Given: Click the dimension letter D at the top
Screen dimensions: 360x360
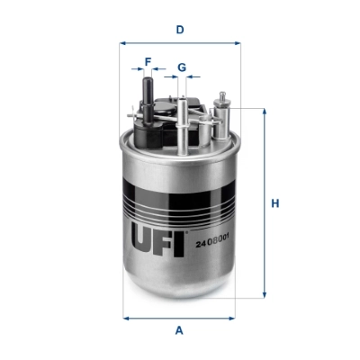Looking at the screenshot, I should coord(180,30).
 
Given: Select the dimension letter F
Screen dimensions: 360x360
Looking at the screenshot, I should coord(148,62).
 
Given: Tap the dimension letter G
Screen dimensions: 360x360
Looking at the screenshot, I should coord(181,67).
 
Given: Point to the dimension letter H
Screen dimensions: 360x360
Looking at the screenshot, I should coord(275,203).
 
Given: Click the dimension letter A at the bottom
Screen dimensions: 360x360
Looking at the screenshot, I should coord(180,330).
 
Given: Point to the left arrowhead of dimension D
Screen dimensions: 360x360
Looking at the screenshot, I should coord(122,41).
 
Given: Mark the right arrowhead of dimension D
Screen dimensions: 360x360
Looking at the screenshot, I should coord(239,41).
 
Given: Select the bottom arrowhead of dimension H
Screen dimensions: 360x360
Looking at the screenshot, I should coord(265,295).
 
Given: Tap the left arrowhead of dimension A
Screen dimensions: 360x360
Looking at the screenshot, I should coord(125,317).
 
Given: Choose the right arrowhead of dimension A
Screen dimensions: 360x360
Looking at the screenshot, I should coord(236,317).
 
